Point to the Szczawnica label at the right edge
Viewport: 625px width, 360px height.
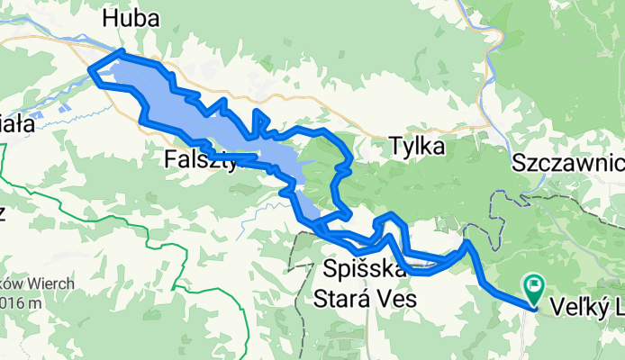568,163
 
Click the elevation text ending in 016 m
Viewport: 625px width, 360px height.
20,302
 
